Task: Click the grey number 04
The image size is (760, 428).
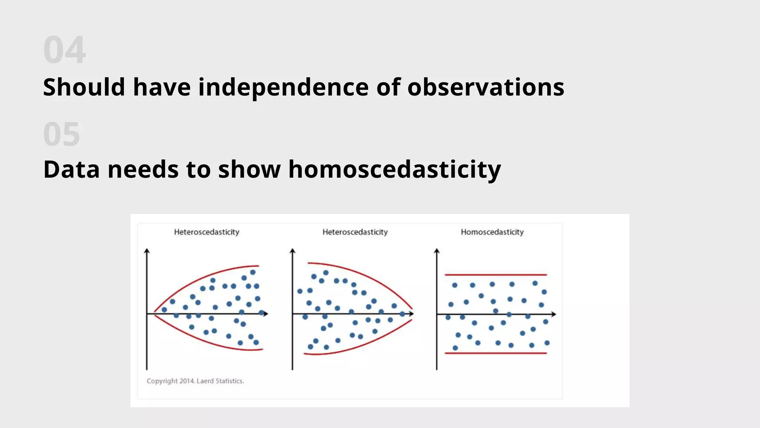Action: [x=65, y=50]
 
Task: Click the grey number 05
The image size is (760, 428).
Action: [x=62, y=134]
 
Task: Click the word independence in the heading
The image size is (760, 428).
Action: [x=283, y=87]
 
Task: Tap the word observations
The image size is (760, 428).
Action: [x=485, y=87]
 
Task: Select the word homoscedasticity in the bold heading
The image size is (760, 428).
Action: [x=394, y=169]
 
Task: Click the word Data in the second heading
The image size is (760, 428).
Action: [x=71, y=169]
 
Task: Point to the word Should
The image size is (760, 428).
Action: [x=84, y=87]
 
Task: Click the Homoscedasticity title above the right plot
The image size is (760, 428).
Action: [x=492, y=232]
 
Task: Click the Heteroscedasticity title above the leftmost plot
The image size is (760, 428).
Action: [x=207, y=232]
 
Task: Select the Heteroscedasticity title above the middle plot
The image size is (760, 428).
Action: [x=355, y=232]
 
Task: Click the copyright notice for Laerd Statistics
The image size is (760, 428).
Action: [x=195, y=381]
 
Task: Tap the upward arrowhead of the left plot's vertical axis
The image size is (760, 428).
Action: [x=147, y=252]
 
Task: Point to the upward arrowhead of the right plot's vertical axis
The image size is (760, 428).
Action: [x=437, y=252]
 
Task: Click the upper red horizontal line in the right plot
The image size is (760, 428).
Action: [x=495, y=275]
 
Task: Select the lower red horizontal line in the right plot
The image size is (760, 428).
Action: [x=495, y=353]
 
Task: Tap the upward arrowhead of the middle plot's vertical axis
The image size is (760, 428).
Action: [x=292, y=252]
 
